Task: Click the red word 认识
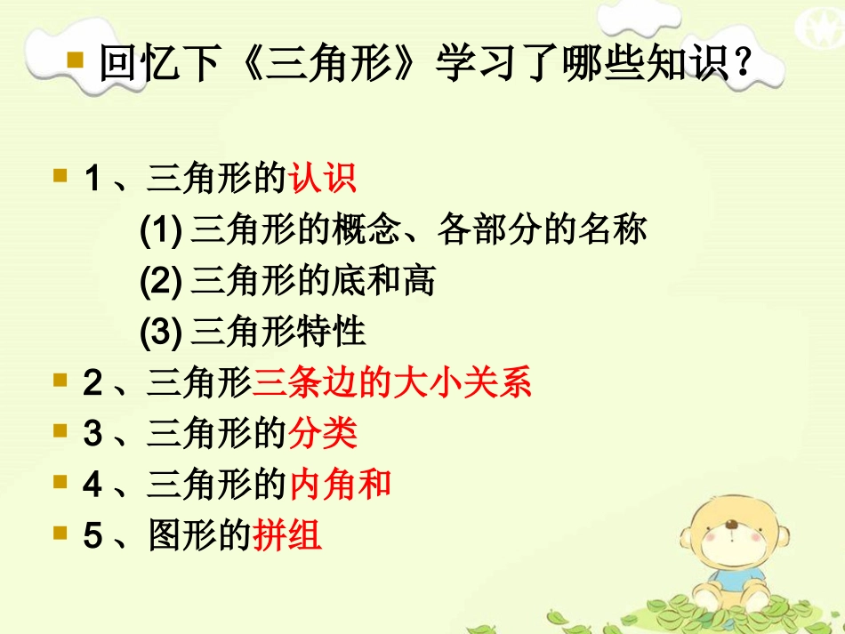pyautogui.click(x=323, y=179)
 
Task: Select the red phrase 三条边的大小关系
pyautogui.click(x=392, y=383)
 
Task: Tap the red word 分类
pyautogui.click(x=323, y=434)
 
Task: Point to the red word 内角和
pyautogui.click(x=340, y=485)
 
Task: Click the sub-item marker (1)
pyautogui.click(x=161, y=231)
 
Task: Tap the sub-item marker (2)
pyautogui.click(x=161, y=282)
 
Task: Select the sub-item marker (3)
pyautogui.click(x=161, y=333)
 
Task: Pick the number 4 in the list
pyautogui.click(x=93, y=486)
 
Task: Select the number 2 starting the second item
pyautogui.click(x=93, y=384)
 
